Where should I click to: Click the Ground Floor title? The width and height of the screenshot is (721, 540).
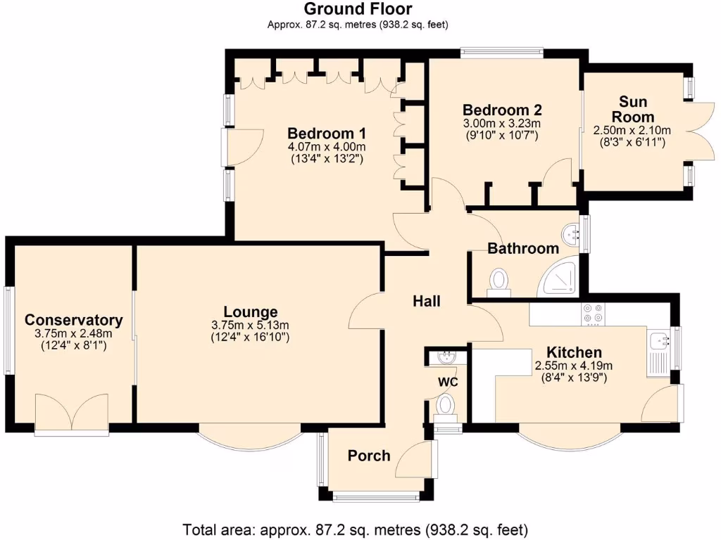(358, 9)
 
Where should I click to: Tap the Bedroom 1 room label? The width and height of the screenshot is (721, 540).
(327, 134)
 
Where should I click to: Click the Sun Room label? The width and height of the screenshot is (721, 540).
(632, 109)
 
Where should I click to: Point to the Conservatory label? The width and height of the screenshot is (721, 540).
(73, 320)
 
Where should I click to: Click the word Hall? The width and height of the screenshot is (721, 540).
(427, 302)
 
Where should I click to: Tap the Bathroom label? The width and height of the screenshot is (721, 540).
(523, 248)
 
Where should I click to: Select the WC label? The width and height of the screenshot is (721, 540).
(448, 382)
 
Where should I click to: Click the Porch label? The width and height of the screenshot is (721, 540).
(369, 456)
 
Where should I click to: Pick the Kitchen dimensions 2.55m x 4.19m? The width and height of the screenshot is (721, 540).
(574, 366)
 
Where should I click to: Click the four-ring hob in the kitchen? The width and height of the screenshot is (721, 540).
(591, 314)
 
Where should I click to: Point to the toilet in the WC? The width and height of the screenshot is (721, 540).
(446, 406)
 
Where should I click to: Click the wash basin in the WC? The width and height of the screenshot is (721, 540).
(447, 357)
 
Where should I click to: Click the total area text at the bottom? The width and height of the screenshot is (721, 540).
(356, 529)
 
